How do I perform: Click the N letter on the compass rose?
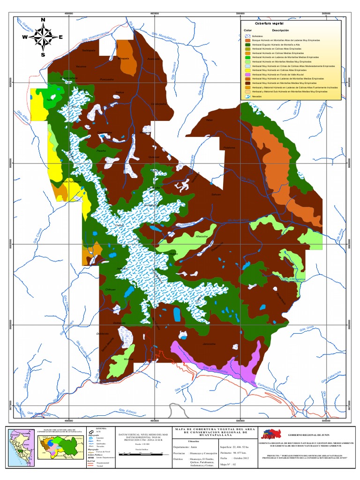43,20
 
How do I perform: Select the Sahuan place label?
216,194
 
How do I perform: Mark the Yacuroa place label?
82,67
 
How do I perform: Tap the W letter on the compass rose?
24,37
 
